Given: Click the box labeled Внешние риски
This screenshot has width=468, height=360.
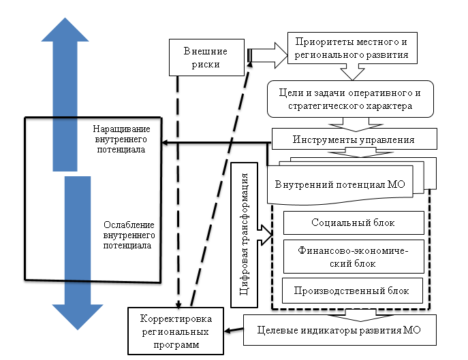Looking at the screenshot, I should pyautogui.click(x=205, y=56).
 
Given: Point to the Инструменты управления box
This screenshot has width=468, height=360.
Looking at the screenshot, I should pyautogui.click(x=354, y=140).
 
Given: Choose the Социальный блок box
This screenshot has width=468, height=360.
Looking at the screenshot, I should pyautogui.click(x=353, y=223).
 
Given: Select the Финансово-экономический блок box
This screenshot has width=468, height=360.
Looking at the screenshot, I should pyautogui.click(x=353, y=257).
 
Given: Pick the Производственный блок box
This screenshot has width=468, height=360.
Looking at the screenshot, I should pyautogui.click(x=352, y=290).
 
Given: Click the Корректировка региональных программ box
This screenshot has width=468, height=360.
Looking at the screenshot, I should pyautogui.click(x=176, y=331).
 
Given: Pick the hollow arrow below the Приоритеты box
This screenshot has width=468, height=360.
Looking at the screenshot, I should pyautogui.click(x=353, y=70).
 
